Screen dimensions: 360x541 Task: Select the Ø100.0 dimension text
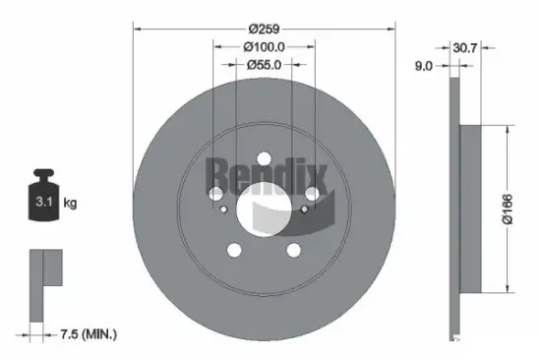(x=264, y=46)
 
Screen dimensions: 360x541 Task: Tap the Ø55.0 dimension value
(x=264, y=65)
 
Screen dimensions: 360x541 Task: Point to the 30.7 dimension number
(x=463, y=46)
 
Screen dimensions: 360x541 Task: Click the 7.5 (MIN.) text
(x=87, y=334)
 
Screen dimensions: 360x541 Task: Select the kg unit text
(x=71, y=204)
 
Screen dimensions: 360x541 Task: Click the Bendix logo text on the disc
(x=264, y=177)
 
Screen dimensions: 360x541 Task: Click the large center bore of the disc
(x=264, y=208)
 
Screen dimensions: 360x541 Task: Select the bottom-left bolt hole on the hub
(x=233, y=250)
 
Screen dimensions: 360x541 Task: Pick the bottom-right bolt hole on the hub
(x=294, y=250)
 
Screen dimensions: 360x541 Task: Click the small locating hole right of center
(x=303, y=209)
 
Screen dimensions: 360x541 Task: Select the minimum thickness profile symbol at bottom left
(x=44, y=285)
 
